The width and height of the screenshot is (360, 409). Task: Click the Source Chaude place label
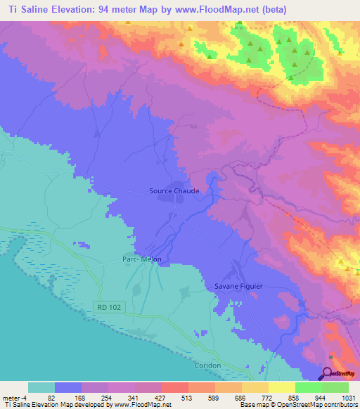click(174, 190)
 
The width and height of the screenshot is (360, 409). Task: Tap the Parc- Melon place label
click(142, 259)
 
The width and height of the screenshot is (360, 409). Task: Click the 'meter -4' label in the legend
click(14, 397)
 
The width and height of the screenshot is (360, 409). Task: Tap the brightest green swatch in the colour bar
click(335, 387)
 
